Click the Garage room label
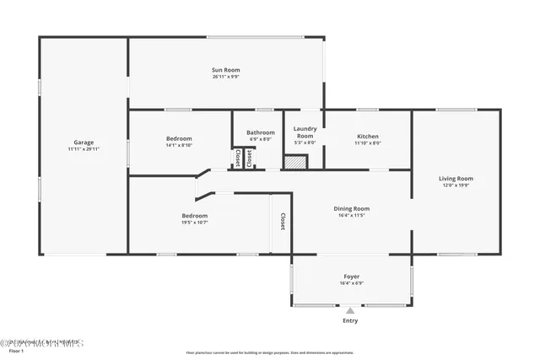tap(84, 142)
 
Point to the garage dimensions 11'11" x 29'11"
tap(84, 149)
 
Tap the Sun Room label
tap(225, 70)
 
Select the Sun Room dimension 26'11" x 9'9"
tap(225, 77)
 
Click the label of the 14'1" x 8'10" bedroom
tap(179, 138)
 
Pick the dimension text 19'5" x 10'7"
tap(194, 223)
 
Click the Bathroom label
tap(261, 132)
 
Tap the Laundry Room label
tap(305, 132)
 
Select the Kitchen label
tap(368, 137)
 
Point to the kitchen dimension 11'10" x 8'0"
tap(368, 143)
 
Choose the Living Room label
tap(456, 178)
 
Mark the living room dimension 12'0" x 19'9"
tap(456, 185)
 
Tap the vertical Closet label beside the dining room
tap(282, 222)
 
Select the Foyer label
tap(351, 277)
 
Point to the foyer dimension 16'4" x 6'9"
tap(351, 283)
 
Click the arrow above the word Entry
tap(350, 310)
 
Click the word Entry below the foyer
tap(350, 321)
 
